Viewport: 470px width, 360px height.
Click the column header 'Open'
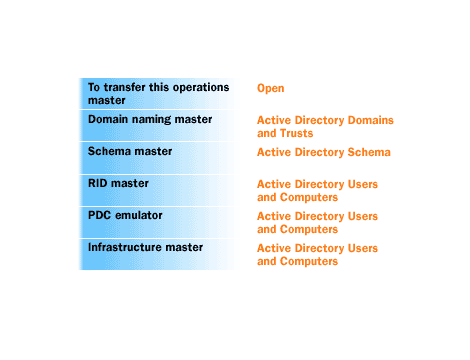point(271,88)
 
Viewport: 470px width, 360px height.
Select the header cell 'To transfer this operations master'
point(158,94)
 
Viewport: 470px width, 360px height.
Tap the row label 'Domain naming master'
point(150,119)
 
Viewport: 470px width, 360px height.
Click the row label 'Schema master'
point(130,151)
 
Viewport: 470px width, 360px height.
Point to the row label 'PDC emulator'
point(126,215)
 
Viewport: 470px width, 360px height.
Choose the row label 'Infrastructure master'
point(146,247)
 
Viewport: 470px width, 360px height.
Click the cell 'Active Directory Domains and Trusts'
point(325,126)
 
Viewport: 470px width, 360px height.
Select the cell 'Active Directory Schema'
point(323,152)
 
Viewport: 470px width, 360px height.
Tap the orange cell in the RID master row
point(317,190)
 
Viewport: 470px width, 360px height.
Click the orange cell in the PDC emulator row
point(317,222)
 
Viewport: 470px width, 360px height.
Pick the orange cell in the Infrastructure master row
point(317,254)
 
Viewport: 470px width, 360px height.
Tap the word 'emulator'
point(140,215)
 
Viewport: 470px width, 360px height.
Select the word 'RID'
point(99,183)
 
